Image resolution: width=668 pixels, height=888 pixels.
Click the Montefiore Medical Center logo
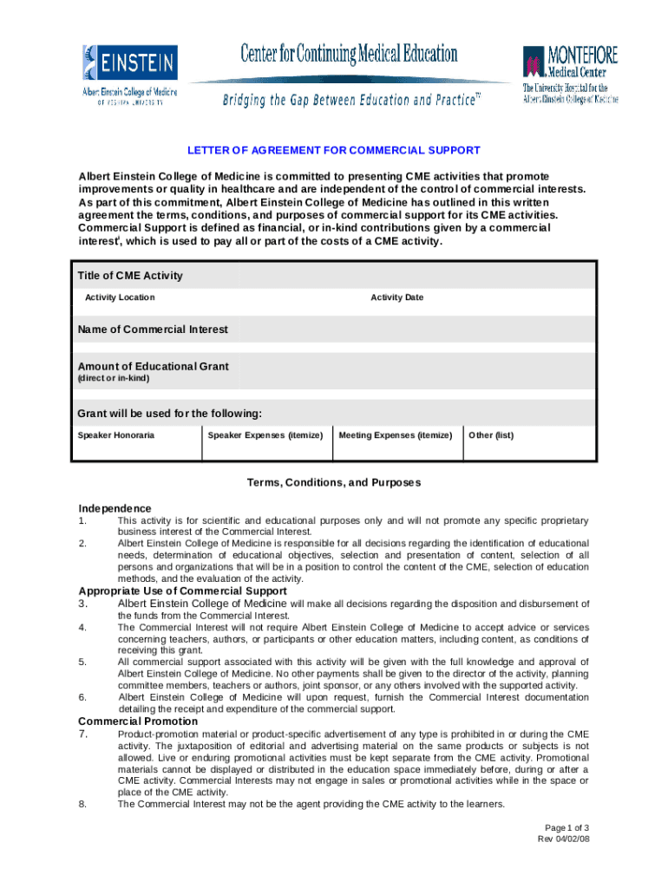(x=570, y=74)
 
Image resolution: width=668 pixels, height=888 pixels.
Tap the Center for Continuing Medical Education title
(x=349, y=55)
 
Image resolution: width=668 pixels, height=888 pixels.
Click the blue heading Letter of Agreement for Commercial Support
(x=334, y=151)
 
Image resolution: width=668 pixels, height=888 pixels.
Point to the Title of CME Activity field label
(x=130, y=276)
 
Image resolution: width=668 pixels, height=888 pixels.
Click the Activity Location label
(x=120, y=297)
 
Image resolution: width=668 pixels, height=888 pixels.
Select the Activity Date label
(x=396, y=297)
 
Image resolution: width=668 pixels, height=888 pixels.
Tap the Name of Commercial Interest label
(x=153, y=330)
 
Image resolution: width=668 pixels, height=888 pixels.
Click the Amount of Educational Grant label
(x=153, y=366)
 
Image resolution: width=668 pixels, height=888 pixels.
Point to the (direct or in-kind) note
(x=113, y=379)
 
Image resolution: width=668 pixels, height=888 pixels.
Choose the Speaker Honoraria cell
(x=116, y=434)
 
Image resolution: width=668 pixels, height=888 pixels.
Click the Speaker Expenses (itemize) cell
(x=265, y=434)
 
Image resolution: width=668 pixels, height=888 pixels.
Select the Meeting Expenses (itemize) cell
(x=396, y=434)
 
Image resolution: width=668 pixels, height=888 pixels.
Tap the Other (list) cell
(x=491, y=434)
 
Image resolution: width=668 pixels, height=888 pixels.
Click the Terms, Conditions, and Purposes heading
(x=334, y=482)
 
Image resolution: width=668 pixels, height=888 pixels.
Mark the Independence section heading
(x=115, y=508)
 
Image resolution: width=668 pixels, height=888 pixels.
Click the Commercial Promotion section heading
(x=138, y=721)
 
